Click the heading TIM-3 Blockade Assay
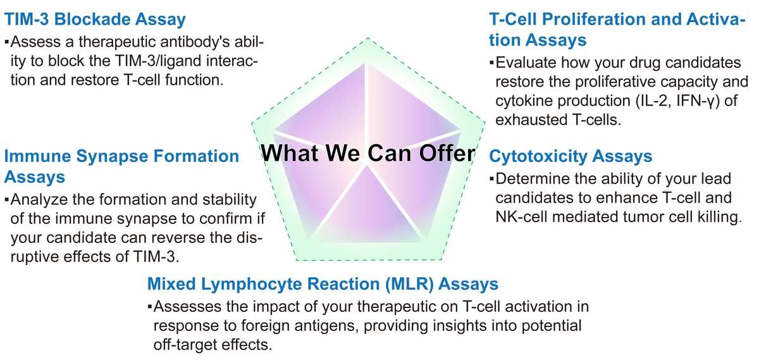tap(96, 20)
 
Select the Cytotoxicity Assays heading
tap(571, 156)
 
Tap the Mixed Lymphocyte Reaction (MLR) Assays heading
tap(323, 283)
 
